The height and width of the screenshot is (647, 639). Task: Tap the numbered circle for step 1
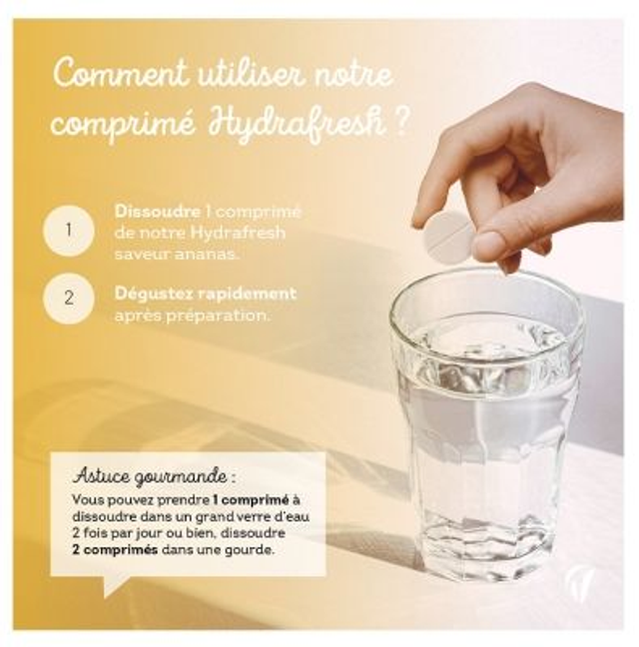tap(68, 231)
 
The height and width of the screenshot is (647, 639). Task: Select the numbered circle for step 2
tap(68, 297)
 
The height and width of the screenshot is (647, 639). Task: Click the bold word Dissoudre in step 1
tap(158, 212)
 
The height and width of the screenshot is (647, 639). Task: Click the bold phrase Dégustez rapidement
tap(206, 294)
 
